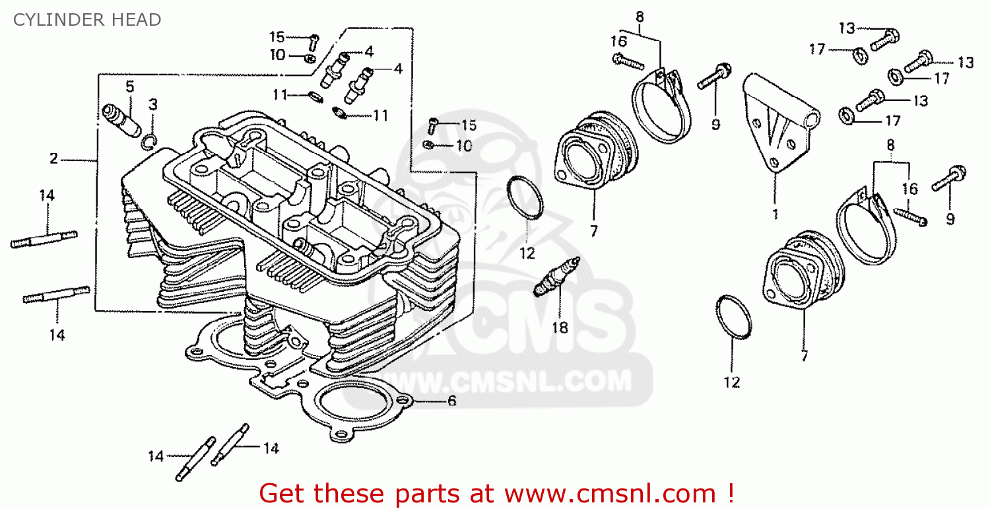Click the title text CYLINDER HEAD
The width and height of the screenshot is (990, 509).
(x=87, y=20)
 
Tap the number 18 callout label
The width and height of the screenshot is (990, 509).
(x=560, y=327)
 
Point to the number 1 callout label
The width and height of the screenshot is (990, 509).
(x=775, y=215)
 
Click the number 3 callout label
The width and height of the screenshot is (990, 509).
(x=153, y=104)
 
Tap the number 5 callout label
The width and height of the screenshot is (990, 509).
(x=129, y=86)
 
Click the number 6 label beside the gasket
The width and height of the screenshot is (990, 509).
(x=451, y=401)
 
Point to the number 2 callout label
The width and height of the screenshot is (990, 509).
(x=53, y=158)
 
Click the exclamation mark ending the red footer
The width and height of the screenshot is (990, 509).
(x=731, y=493)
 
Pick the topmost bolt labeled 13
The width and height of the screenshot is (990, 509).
(x=884, y=39)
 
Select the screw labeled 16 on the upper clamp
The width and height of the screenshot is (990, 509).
(x=628, y=61)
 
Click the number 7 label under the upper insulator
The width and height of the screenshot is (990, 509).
(x=593, y=231)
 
